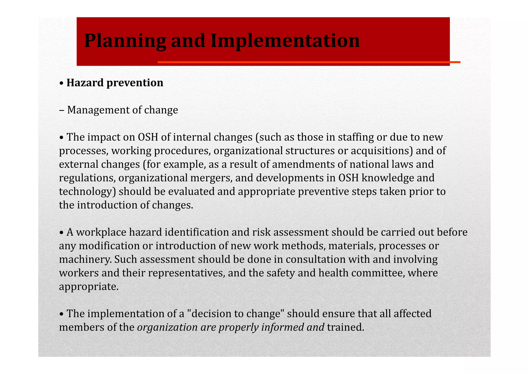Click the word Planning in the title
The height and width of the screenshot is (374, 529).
tap(125, 41)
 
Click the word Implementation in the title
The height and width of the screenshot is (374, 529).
tap(285, 41)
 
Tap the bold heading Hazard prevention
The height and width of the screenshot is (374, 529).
tap(115, 83)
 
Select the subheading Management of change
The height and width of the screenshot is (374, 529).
tap(122, 110)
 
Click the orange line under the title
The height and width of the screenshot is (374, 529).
tap(309, 62)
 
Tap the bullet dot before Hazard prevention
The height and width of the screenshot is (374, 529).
tap(61, 83)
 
